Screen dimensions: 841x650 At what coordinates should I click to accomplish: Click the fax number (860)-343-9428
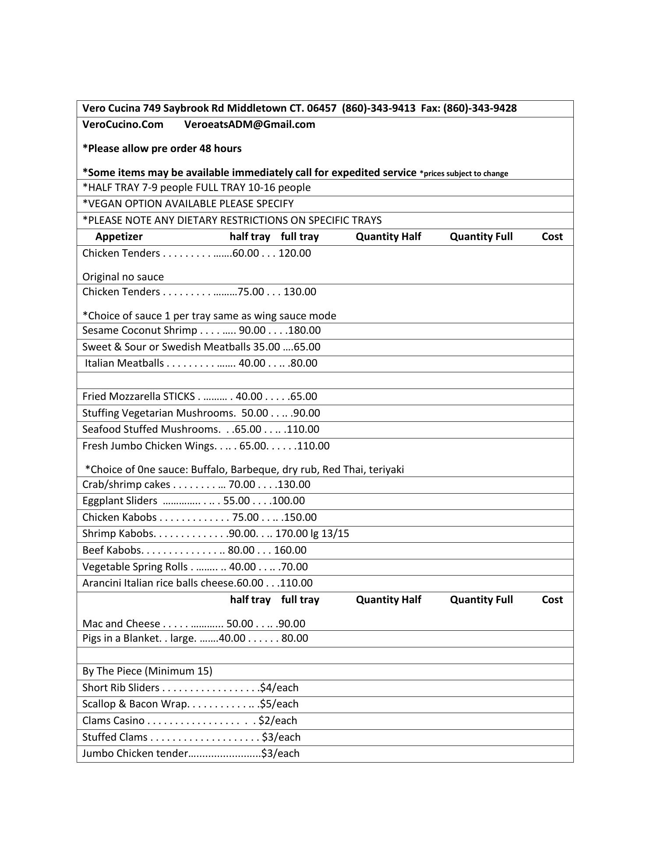coord(480,108)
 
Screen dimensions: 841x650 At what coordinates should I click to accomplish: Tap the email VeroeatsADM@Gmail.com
coord(250,124)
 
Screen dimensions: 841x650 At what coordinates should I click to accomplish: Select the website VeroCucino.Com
coord(123,124)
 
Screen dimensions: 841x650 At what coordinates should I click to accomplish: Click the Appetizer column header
coord(119,237)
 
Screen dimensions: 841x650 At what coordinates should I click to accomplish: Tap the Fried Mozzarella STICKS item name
coord(138,396)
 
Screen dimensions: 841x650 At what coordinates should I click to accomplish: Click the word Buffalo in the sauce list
coord(208,470)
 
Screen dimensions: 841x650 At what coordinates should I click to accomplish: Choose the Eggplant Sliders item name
coord(120,501)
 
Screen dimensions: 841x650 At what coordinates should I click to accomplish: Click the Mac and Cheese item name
coord(121,624)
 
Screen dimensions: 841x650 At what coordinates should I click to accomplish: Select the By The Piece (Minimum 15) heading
coord(147,671)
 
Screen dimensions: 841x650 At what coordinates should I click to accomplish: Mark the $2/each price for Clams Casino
coord(278,721)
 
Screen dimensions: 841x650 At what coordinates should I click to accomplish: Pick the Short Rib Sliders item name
coord(121,688)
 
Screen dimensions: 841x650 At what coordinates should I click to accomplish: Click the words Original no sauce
coord(123,277)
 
